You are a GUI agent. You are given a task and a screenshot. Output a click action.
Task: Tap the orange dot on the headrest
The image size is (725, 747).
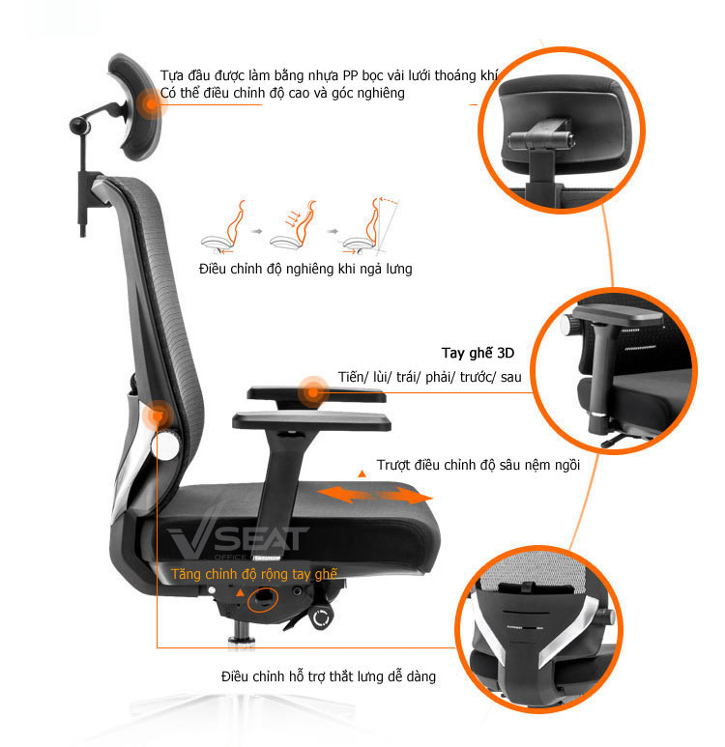click(151, 103)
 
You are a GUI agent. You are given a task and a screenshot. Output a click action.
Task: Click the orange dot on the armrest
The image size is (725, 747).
click(312, 392)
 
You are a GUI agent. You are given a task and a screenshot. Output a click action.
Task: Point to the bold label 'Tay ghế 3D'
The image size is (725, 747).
click(478, 353)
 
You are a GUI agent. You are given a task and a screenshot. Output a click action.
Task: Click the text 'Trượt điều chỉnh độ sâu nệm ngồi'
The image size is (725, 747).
click(478, 465)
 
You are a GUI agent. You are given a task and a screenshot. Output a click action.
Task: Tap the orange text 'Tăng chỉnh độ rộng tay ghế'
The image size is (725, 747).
click(254, 574)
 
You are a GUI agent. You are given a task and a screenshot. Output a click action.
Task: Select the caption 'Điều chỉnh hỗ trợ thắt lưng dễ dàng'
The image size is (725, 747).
click(329, 676)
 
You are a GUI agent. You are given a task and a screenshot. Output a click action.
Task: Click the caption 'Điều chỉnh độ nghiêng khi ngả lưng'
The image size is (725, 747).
click(305, 269)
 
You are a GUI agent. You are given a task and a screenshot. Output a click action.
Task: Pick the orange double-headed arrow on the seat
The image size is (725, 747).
click(375, 495)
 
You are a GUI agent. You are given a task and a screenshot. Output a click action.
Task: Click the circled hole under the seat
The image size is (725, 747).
click(262, 600)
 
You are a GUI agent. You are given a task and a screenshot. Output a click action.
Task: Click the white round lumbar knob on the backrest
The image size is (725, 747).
click(166, 445)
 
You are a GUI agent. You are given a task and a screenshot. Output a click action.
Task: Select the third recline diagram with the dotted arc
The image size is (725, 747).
click(370, 226)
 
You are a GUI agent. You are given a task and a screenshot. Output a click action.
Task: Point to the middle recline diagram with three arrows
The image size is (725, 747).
click(294, 226)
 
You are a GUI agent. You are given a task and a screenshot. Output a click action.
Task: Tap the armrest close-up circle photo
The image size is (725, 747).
click(614, 371)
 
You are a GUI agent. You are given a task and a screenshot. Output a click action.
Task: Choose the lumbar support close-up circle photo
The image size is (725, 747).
click(538, 629)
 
